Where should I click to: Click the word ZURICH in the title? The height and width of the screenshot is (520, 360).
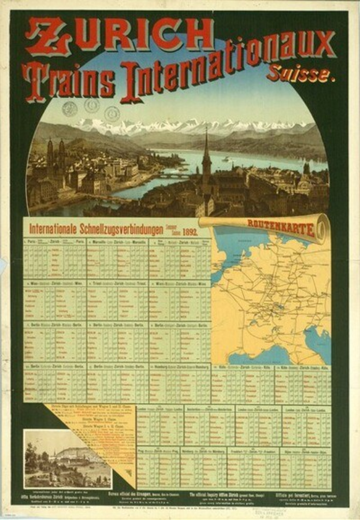point(118,36)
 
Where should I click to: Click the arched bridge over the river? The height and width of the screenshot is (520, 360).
point(173,173)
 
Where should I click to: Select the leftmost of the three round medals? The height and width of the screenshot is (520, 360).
point(70,109)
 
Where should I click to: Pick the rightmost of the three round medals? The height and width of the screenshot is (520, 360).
point(113,113)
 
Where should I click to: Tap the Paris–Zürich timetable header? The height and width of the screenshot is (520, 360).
point(54,242)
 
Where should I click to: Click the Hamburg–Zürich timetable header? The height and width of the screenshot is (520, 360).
point(180,367)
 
